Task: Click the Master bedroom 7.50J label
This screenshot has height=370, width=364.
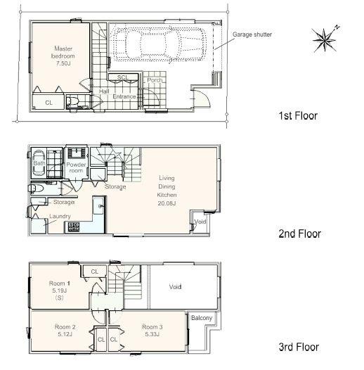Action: pyautogui.click(x=63, y=56)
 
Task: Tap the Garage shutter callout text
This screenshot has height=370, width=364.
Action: pyautogui.click(x=252, y=34)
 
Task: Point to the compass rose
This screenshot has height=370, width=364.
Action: pyautogui.click(x=325, y=39)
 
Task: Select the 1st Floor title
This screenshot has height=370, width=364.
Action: pyautogui.click(x=298, y=115)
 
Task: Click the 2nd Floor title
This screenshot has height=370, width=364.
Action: pyautogui.click(x=299, y=234)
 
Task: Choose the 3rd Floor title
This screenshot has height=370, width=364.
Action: pyautogui.click(x=299, y=347)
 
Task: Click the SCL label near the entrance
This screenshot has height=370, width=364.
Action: pyautogui.click(x=122, y=77)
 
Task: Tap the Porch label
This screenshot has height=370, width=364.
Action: pyautogui.click(x=155, y=80)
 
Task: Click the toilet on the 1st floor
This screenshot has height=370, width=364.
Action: pyautogui.click(x=72, y=101)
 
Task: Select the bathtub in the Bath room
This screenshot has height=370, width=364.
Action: pyautogui.click(x=39, y=162)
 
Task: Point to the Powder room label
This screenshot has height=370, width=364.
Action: pyautogui.click(x=76, y=167)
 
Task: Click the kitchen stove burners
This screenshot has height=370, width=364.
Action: pyautogui.click(x=74, y=227)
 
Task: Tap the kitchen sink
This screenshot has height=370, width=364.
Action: pyautogui.click(x=98, y=206)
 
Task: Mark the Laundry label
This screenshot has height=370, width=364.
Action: pyautogui.click(x=60, y=216)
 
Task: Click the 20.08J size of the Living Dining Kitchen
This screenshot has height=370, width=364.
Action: pyautogui.click(x=167, y=203)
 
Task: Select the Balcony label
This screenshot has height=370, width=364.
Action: pyautogui.click(x=202, y=318)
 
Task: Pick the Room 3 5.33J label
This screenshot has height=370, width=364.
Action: pyautogui.click(x=152, y=331)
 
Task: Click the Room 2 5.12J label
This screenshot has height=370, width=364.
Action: pyautogui.click(x=65, y=331)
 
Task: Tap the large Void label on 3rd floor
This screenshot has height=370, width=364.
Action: pyautogui.click(x=175, y=287)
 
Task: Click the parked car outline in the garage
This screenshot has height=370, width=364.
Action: pyautogui.click(x=158, y=44)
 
